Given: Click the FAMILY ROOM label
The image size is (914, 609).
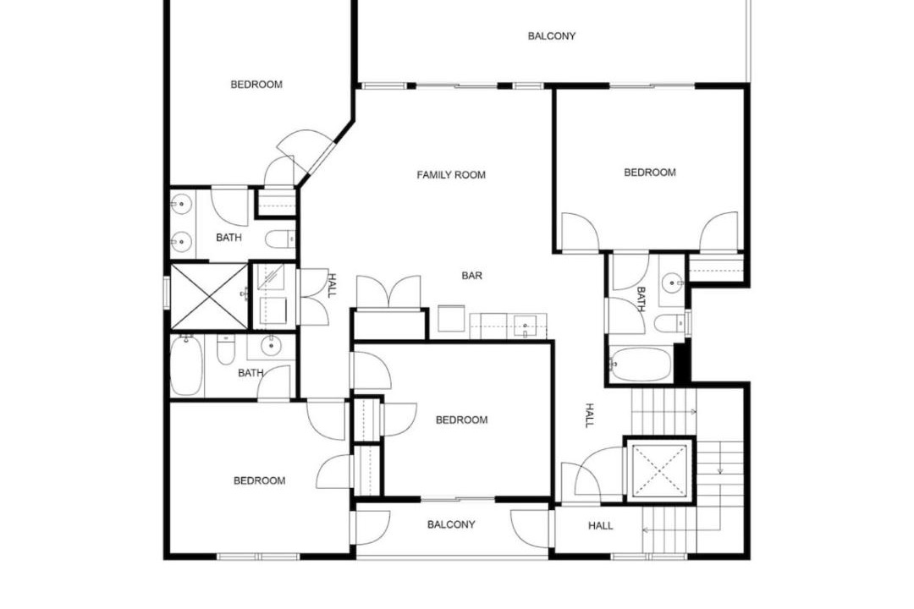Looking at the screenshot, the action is [451, 175].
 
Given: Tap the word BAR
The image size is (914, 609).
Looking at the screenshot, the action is [472, 276].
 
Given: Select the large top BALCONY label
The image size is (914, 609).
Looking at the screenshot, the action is [552, 36].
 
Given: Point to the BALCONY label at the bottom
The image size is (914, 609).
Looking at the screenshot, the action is [451, 524].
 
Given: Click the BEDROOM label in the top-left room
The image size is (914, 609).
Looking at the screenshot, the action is [256, 85].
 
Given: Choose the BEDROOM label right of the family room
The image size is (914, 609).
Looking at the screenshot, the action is [650, 173].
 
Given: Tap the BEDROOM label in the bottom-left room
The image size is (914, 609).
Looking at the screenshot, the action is [260, 480].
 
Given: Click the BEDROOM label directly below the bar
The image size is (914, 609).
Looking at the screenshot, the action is [462, 420].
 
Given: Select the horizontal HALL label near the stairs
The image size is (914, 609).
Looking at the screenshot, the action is [600, 525].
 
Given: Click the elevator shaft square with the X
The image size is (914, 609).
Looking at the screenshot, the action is [660, 470].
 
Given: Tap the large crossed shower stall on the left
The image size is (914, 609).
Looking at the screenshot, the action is [209, 296].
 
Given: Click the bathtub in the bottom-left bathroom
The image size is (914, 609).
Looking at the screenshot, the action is [186, 365].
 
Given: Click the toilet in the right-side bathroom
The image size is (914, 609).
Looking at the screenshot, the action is [669, 323].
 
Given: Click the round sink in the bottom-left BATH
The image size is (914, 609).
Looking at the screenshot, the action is [271, 346].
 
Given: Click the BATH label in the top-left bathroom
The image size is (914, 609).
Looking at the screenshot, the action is [228, 238].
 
